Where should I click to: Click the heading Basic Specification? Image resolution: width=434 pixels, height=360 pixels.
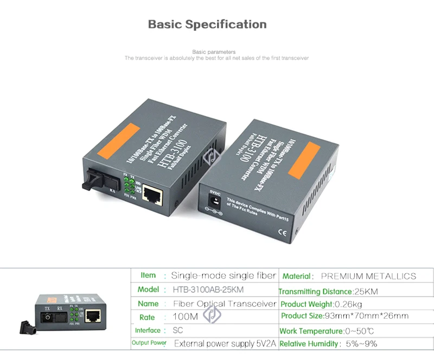pyautogui.click(x=207, y=24)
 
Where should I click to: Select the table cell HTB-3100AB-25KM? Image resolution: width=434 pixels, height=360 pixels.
pyautogui.click(x=207, y=290)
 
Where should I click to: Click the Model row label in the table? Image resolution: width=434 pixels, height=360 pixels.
pyautogui.click(x=148, y=290)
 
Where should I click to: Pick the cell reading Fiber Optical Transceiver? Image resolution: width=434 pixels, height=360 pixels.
pyautogui.click(x=224, y=304)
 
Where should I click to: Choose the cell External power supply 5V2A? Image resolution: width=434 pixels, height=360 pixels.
pyautogui.click(x=225, y=343)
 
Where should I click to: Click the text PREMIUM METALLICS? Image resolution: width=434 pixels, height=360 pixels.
pyautogui.click(x=368, y=276)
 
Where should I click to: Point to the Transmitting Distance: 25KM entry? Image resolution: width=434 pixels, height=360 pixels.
pyautogui.click(x=328, y=291)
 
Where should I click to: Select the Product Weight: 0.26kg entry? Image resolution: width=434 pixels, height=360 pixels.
pyautogui.click(x=321, y=304)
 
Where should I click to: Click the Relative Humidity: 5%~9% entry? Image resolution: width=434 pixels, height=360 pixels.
pyautogui.click(x=328, y=343)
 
